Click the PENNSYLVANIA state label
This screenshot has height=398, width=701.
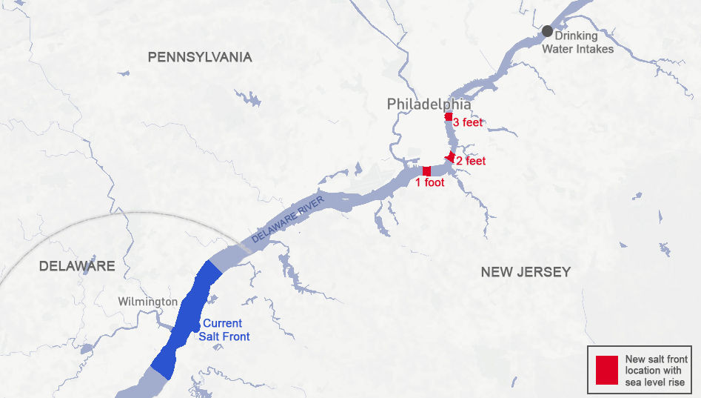(x=200, y=57)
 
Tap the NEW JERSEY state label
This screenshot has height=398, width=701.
(x=526, y=272)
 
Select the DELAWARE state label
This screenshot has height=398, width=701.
(x=77, y=266)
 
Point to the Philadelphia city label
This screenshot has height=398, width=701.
(x=429, y=105)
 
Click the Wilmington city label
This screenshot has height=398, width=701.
(x=148, y=302)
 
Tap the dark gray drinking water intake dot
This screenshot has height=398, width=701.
(x=547, y=31)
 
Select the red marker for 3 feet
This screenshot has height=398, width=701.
(x=449, y=117)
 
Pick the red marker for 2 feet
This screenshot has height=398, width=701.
(x=450, y=157)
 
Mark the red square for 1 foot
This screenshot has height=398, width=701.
(x=426, y=171)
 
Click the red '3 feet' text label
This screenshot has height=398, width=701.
(x=468, y=122)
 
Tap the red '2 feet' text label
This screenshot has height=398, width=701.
(x=471, y=161)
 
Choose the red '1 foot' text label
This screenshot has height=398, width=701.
(x=429, y=182)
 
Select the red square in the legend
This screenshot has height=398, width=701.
(x=606, y=370)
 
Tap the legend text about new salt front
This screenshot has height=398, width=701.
(x=656, y=371)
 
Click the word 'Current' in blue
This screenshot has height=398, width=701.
(x=222, y=324)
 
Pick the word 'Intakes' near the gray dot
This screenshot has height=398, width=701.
(x=596, y=49)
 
